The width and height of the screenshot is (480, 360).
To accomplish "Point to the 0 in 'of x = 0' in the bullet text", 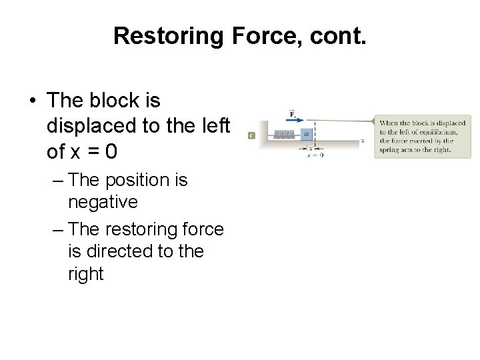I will click(111, 152).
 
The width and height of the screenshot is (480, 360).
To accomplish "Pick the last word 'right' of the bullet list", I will click(86, 274).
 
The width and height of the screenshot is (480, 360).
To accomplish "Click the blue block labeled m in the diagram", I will click(307, 133).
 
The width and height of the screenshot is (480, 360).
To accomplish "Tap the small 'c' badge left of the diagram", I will click(251, 135).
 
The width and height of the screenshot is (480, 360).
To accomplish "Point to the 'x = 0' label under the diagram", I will click(315, 155).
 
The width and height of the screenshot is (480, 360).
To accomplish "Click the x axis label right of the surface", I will click(362, 141).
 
